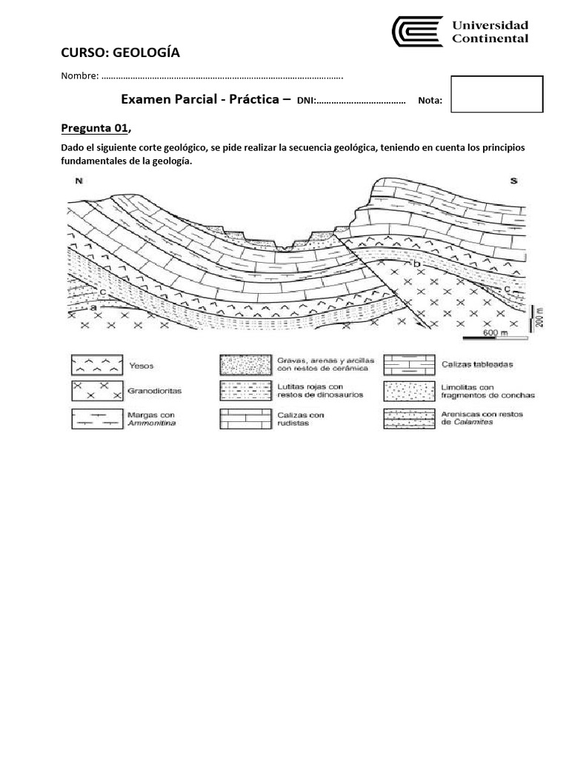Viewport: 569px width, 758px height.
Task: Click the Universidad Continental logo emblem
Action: [417, 32]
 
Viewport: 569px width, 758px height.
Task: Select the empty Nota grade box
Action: [497, 94]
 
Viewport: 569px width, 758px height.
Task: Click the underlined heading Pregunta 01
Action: [94, 128]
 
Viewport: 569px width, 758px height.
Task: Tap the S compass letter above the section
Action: [513, 181]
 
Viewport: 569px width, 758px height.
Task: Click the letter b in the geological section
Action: [416, 263]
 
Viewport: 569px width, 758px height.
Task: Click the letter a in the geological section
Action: [95, 306]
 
